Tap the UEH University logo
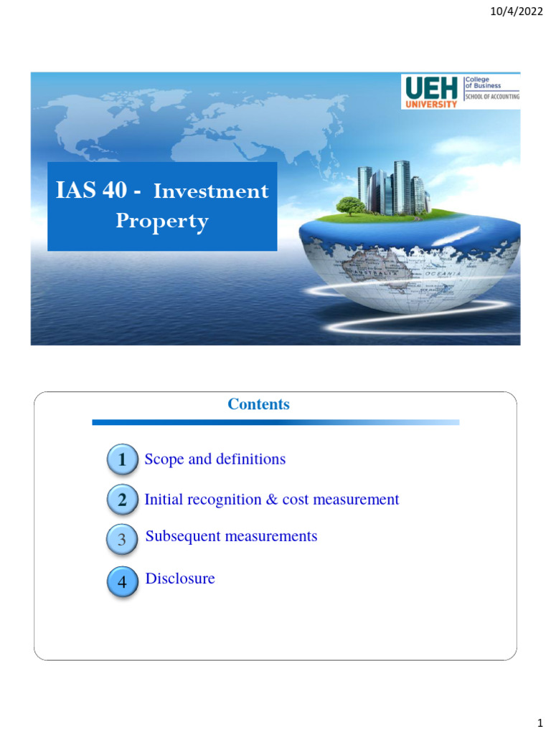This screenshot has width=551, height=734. point(431,92)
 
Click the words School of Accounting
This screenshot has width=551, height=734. point(493,96)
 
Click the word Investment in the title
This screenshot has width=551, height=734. point(211,191)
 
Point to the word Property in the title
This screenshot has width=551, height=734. point(162,221)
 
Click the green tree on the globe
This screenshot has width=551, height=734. point(351,206)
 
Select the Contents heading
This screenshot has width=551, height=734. point(258,404)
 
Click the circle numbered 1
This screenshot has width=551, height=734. point(122,460)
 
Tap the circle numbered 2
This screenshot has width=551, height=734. point(122,500)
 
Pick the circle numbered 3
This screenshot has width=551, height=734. point(122,540)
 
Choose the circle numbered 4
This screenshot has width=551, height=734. point(122,583)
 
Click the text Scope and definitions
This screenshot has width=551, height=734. point(215,459)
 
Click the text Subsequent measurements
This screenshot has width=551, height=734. point(231,536)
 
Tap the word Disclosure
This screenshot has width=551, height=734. point(180,578)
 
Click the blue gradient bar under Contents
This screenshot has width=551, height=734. point(275,423)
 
